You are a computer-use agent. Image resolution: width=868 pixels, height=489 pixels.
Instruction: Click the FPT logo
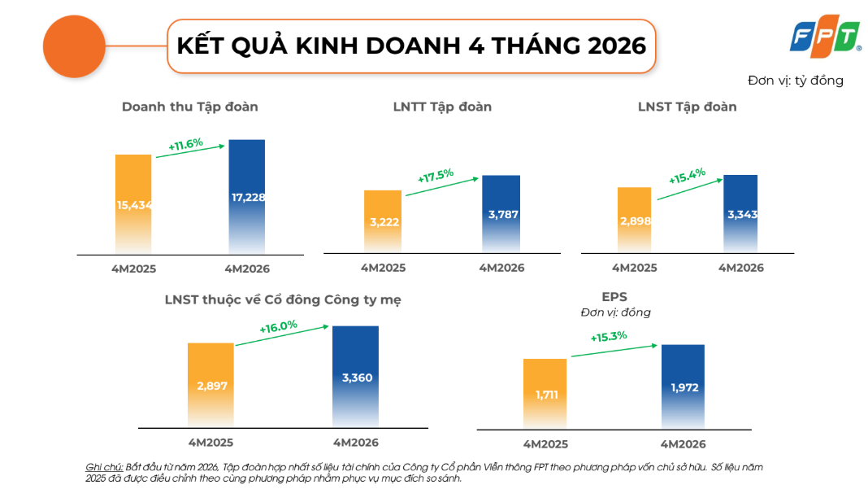(825, 37)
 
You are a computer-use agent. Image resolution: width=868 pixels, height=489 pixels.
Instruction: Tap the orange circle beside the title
(74, 46)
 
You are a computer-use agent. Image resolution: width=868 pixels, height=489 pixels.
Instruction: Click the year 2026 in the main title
(617, 46)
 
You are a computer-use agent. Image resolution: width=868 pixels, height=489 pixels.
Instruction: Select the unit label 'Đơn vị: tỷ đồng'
(796, 81)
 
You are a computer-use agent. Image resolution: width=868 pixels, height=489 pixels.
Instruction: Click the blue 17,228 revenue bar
(247, 197)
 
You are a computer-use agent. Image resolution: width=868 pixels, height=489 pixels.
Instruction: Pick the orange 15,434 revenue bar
(133, 204)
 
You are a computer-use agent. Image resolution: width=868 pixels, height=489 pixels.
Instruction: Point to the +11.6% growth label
(186, 144)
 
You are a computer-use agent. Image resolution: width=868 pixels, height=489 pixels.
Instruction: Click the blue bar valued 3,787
(501, 214)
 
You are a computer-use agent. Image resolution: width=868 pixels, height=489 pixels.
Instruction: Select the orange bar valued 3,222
(383, 222)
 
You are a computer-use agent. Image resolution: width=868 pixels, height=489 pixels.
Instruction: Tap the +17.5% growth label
(436, 176)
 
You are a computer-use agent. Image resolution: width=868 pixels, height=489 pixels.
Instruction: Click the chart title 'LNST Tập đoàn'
(687, 107)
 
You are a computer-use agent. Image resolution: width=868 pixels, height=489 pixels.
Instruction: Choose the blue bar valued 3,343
(740, 214)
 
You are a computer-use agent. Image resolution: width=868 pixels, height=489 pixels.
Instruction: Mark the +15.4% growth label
(687, 177)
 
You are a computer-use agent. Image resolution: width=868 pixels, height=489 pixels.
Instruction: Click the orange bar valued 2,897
(211, 386)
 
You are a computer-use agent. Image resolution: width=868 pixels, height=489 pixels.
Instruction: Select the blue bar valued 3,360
(355, 377)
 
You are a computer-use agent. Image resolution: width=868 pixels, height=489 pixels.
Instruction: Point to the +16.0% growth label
(279, 327)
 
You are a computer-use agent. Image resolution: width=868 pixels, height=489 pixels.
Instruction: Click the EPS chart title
(614, 297)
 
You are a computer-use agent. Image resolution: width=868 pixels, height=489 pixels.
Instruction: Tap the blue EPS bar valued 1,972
(684, 387)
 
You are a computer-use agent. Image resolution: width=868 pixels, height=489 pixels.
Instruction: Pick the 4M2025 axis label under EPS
(546, 444)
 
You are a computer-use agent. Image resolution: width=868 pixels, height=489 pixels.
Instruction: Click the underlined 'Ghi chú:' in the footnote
(104, 467)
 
